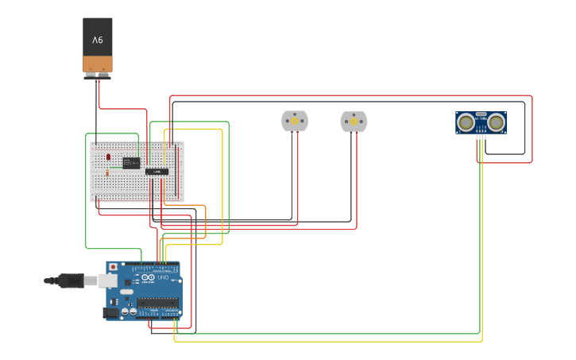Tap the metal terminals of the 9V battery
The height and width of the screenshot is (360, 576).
pyautogui.click(x=97, y=75)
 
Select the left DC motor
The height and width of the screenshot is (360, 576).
pyautogui.click(x=295, y=121)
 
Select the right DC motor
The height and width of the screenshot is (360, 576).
pyautogui.click(x=354, y=122)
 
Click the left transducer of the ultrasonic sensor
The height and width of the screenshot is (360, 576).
pyautogui.click(x=466, y=122)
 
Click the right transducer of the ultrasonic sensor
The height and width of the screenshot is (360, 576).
pyautogui.click(x=497, y=122)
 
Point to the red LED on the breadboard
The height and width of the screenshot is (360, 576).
pyautogui.click(x=108, y=157)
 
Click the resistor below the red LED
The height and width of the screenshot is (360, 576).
pyautogui.click(x=107, y=172)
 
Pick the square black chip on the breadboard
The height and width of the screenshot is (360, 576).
pyautogui.click(x=130, y=163)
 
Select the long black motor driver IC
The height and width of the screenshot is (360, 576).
pyautogui.click(x=157, y=171)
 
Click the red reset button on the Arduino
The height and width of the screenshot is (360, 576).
pyautogui.click(x=113, y=267)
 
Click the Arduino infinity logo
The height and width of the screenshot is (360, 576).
pyautogui.click(x=148, y=277)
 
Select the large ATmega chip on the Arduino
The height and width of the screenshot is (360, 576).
pyautogui.click(x=157, y=303)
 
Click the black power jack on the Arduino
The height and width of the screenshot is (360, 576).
pyautogui.click(x=111, y=312)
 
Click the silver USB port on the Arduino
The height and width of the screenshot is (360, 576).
pyautogui.click(x=108, y=281)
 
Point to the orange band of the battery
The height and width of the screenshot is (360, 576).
pyautogui.click(x=98, y=64)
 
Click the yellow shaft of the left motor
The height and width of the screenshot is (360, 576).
pyautogui.click(x=295, y=121)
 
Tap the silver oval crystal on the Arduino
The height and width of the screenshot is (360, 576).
pyautogui.click(x=127, y=292)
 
